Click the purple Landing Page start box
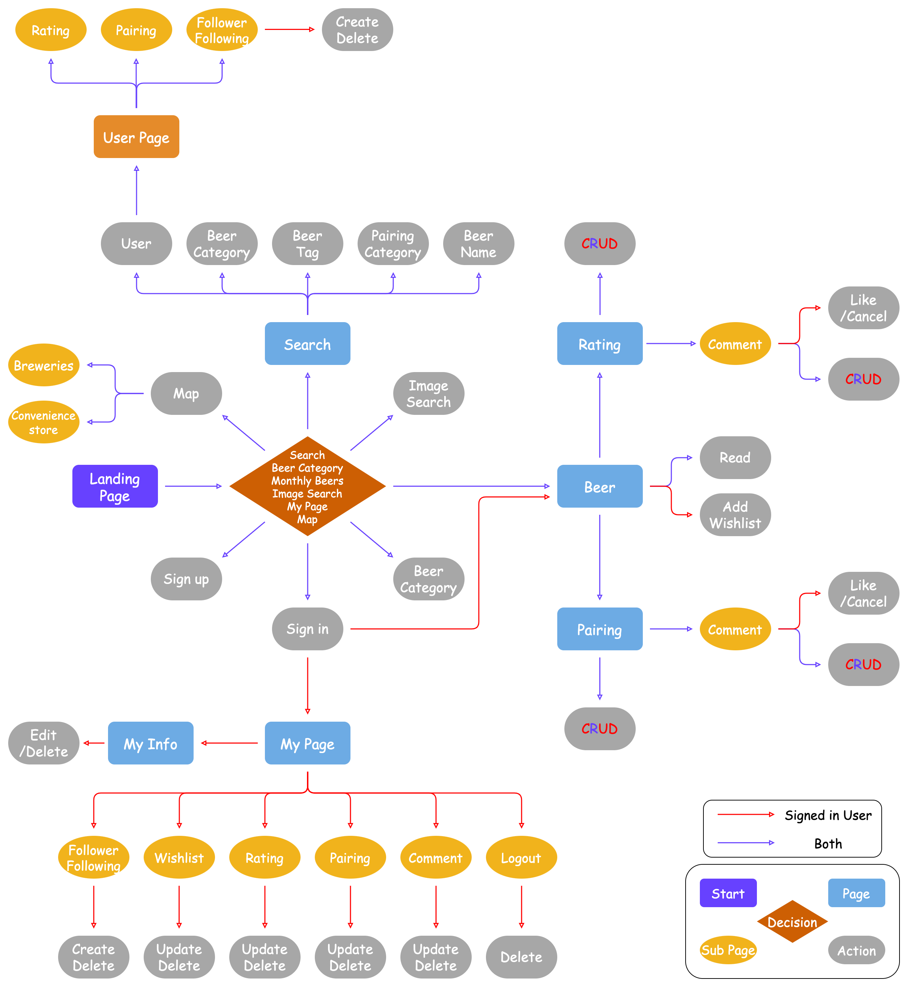click(115, 486)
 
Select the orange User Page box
click(137, 137)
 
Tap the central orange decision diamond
click(307, 486)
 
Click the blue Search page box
click(307, 344)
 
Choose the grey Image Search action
click(429, 393)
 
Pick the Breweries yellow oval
click(44, 365)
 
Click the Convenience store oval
click(44, 422)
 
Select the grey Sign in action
click(307, 629)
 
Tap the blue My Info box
click(151, 743)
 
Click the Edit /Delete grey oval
click(44, 743)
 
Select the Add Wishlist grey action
click(735, 515)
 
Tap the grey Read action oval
click(735, 458)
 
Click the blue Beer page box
click(599, 486)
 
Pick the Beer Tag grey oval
click(307, 244)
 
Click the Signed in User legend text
click(827, 815)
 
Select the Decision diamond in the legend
click(792, 922)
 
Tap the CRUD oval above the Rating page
click(599, 244)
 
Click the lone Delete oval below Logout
click(521, 957)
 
